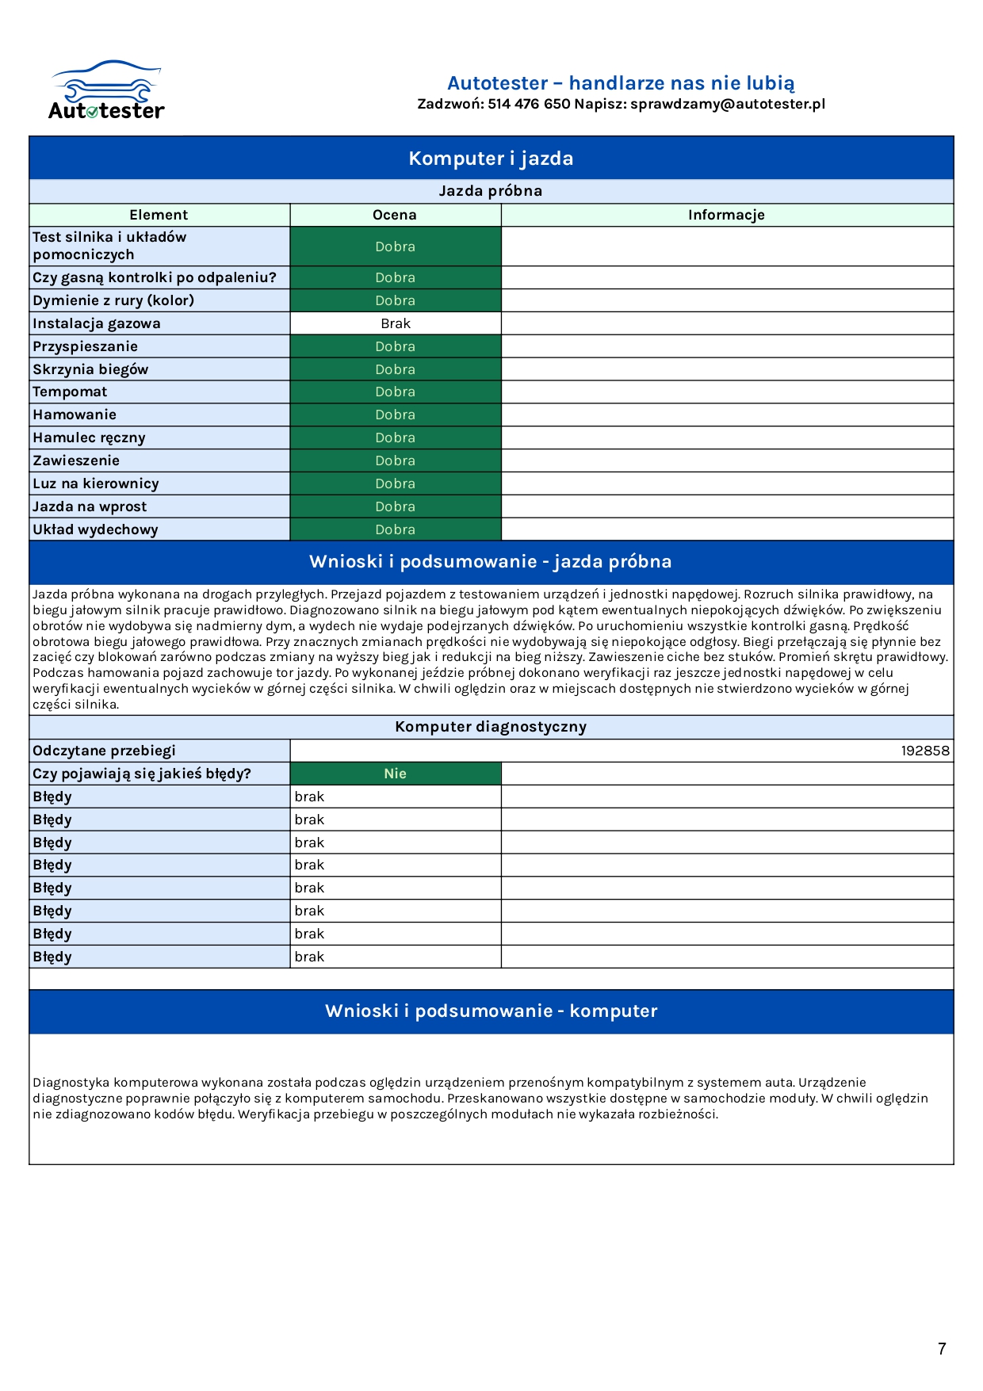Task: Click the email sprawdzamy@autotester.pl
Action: (x=728, y=105)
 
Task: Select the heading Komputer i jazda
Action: (x=491, y=159)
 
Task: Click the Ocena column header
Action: (x=395, y=215)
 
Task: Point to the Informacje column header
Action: (x=726, y=215)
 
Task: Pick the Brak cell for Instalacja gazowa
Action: (x=396, y=323)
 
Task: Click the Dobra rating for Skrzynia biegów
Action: (x=396, y=369)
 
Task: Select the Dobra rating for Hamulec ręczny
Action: (x=396, y=438)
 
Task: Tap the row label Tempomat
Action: (x=70, y=392)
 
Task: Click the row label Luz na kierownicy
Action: (x=96, y=483)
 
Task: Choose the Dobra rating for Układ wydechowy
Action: (x=396, y=529)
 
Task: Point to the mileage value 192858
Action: (x=924, y=751)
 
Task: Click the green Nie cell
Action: (x=396, y=774)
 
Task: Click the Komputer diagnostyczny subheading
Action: (x=491, y=727)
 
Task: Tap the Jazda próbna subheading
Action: (x=491, y=191)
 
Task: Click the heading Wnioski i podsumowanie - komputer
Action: (x=491, y=1011)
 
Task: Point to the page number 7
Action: (x=942, y=1349)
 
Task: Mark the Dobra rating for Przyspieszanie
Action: (x=396, y=346)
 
